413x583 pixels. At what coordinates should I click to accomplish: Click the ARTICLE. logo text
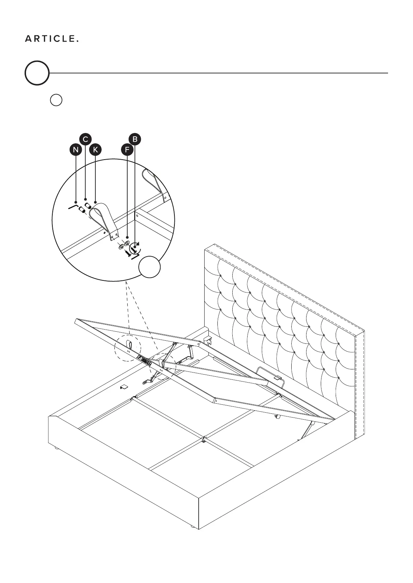tap(52, 39)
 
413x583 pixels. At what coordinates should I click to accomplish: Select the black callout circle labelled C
tap(85, 139)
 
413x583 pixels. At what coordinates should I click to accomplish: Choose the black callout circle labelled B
tap(135, 139)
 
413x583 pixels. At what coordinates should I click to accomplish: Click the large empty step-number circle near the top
tap(37, 73)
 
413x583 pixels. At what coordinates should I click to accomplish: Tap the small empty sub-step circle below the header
tap(56, 100)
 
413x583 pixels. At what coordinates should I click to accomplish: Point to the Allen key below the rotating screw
tap(135, 257)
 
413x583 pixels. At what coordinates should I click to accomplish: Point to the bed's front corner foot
tap(191, 537)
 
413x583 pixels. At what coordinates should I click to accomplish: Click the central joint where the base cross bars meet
tap(204, 439)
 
